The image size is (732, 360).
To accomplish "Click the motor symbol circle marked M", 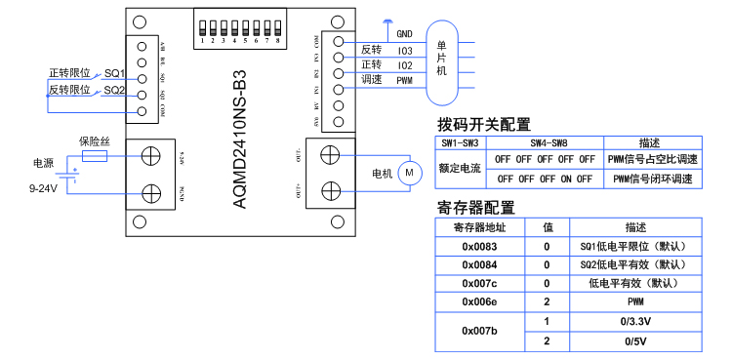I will click(410, 173).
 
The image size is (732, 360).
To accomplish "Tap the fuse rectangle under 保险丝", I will click(95, 155).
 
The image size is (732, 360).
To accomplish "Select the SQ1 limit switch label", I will click(114, 73).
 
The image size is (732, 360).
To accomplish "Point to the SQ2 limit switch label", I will click(114, 90).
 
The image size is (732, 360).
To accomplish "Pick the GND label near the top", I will click(404, 33).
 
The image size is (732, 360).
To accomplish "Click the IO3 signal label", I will click(404, 50).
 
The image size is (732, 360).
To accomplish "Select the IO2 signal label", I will click(404, 65).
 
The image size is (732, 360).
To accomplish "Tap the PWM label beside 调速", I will click(404, 81).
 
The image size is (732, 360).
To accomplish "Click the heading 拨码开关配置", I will click(484, 124).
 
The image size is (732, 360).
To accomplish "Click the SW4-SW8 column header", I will click(543, 141).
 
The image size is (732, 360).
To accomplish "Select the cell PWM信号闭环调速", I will click(652, 179).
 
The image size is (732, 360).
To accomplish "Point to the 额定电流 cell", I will click(460, 168).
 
